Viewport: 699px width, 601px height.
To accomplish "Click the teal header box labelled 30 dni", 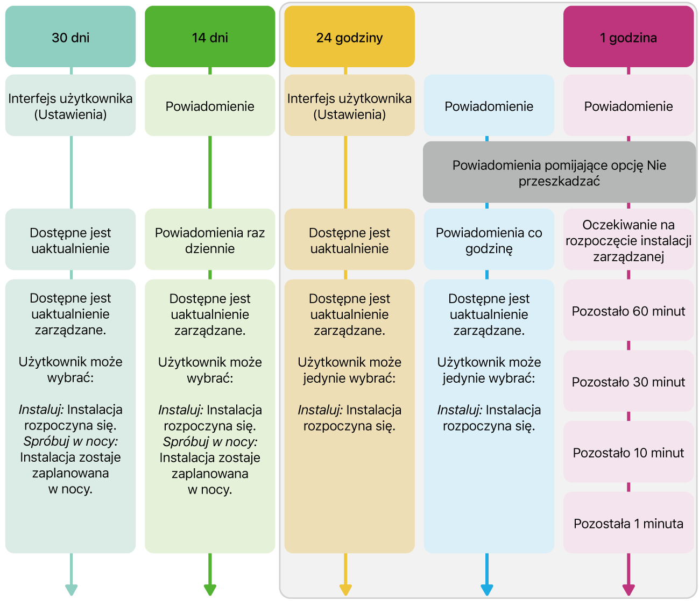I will point(70,37).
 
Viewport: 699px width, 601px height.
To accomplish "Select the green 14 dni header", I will point(210,37).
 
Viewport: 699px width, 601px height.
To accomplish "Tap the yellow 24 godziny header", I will point(349,37).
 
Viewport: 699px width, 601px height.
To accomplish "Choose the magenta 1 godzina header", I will point(628,37).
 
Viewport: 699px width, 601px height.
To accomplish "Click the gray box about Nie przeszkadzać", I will point(559,173).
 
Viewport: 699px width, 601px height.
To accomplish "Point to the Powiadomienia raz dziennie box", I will point(210,240).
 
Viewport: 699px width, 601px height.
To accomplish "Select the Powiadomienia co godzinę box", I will point(489,240).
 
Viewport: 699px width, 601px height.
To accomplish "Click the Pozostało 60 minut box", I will point(628,311).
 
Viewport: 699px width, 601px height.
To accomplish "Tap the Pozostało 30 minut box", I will point(628,382).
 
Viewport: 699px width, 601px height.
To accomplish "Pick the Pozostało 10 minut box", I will point(628,452).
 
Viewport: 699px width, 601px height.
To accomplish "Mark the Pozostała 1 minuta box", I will point(628,523).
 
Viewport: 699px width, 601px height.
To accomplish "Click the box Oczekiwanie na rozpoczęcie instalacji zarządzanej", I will point(628,240).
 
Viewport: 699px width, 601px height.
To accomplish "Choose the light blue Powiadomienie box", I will point(489,106).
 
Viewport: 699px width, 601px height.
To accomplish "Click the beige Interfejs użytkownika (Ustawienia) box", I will point(349,106).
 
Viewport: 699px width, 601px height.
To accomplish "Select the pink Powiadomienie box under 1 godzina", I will point(628,106).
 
